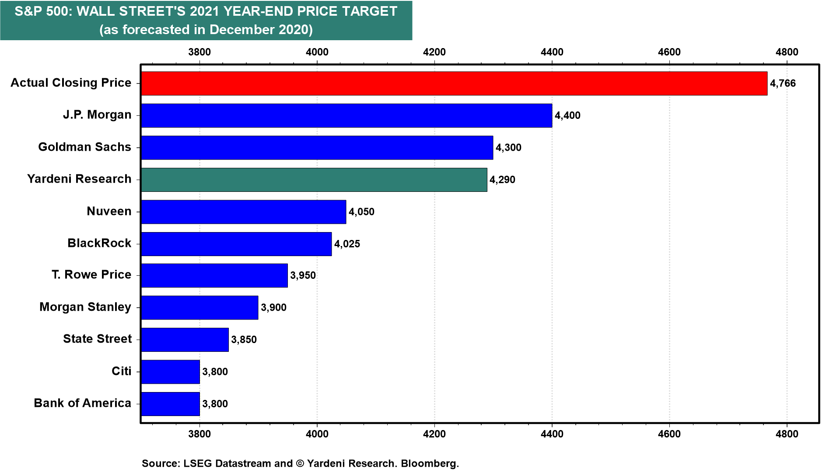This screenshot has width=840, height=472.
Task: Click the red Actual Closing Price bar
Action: (454, 83)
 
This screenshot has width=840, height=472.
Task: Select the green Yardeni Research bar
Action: (314, 180)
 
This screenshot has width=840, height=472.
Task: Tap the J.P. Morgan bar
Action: (346, 115)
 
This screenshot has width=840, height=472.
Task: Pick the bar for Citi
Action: (170, 372)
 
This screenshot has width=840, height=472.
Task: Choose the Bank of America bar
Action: (170, 404)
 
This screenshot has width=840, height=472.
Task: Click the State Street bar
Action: (185, 340)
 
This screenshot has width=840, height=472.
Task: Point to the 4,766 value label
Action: (783, 83)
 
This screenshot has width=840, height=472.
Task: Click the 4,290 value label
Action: (502, 180)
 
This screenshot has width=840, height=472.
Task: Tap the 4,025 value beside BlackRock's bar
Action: (347, 244)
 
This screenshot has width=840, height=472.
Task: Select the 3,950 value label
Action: (303, 275)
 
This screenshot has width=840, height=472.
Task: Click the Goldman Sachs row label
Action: (84, 147)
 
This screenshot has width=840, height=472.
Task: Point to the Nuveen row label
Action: (109, 211)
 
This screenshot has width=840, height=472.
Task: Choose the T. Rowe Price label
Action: (91, 274)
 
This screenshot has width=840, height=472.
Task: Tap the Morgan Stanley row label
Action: (85, 307)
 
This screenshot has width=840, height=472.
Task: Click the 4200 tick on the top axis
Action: (434, 52)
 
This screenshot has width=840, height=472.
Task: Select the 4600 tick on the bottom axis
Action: (669, 434)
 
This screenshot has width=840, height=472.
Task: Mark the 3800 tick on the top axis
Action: (199, 52)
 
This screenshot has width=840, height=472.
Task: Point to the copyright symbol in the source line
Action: (300, 463)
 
